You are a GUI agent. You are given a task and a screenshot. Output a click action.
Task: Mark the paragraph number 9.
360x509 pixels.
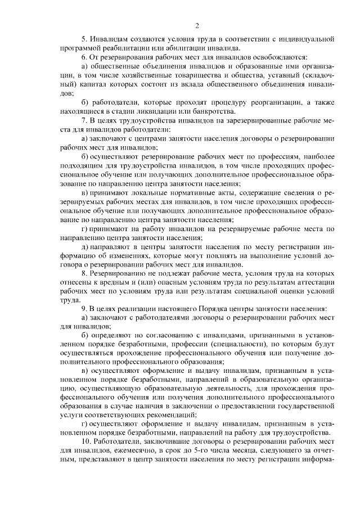click(83, 309)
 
